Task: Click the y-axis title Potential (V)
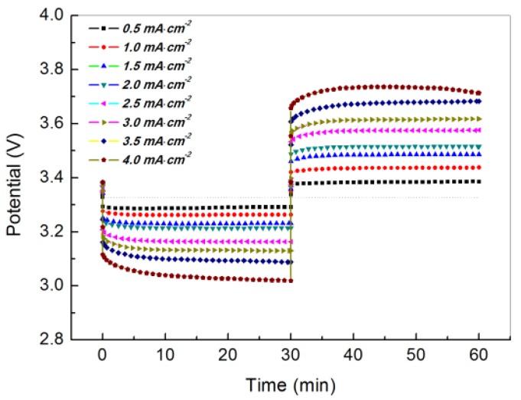tap(15, 177)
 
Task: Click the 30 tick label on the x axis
tap(291, 356)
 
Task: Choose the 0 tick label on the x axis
tap(103, 356)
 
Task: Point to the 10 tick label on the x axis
tap(165, 356)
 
